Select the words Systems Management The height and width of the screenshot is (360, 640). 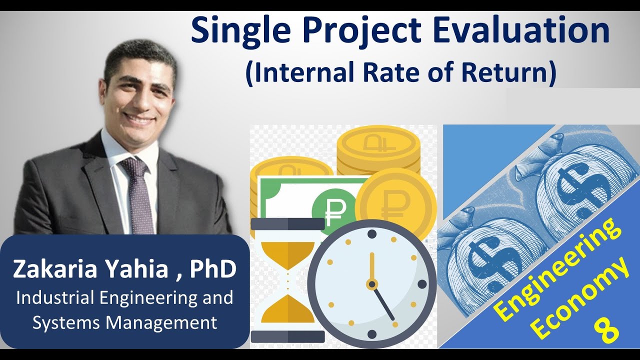124,322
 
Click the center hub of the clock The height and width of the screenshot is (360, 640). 371,284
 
